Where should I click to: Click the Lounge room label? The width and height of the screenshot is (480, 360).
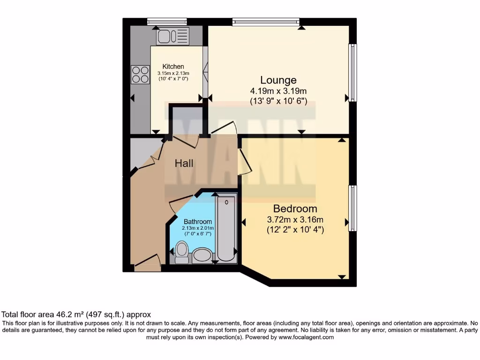point(278,80)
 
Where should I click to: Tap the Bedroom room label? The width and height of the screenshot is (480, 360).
point(295,209)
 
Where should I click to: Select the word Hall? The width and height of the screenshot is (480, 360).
point(184,164)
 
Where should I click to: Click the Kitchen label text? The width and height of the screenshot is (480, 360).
point(173,67)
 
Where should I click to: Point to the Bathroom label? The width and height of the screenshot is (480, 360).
point(197,222)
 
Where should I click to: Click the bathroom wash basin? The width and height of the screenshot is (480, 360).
point(202,256)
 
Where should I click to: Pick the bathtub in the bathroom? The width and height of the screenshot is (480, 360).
point(226,228)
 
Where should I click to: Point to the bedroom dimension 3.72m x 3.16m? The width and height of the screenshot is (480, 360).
point(295,219)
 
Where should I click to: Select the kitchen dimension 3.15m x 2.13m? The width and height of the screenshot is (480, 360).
point(173,74)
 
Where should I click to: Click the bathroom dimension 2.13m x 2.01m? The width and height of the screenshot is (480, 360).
point(198,228)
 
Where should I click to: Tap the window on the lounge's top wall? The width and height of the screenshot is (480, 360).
point(266,21)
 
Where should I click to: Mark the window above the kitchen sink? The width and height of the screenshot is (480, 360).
point(160,21)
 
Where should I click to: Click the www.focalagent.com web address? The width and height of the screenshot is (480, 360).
point(306,337)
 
